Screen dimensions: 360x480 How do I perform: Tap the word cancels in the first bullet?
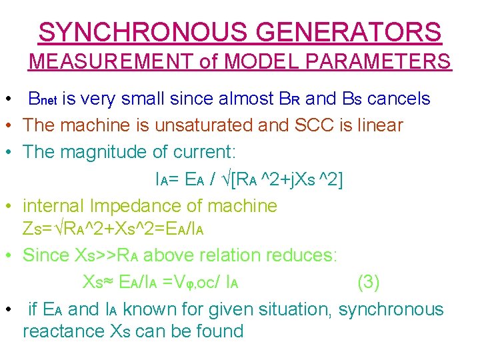tap(399, 99)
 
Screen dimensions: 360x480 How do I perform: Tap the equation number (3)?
tap(369, 282)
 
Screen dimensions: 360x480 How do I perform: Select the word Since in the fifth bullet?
tap(46, 255)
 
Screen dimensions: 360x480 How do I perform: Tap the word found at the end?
tap(218, 331)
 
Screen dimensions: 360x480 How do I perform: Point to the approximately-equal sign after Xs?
tap(108, 283)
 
